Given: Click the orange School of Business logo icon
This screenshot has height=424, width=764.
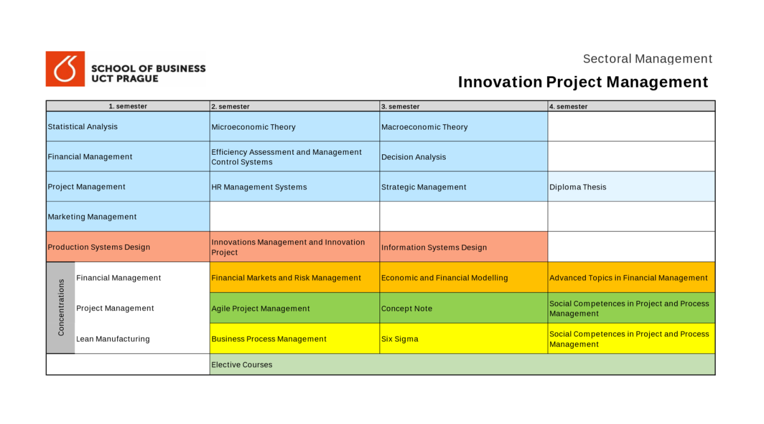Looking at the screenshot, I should (65, 69).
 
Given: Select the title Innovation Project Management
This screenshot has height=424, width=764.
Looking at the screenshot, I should (583, 82).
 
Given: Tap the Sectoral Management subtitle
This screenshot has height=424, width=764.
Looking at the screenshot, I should (647, 59).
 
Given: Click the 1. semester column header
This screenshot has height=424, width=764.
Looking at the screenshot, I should (128, 106).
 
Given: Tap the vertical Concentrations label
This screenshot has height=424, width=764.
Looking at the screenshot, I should (61, 307).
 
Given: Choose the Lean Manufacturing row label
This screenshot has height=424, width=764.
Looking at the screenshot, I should (113, 339).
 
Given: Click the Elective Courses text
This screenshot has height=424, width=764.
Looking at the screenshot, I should (242, 365).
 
